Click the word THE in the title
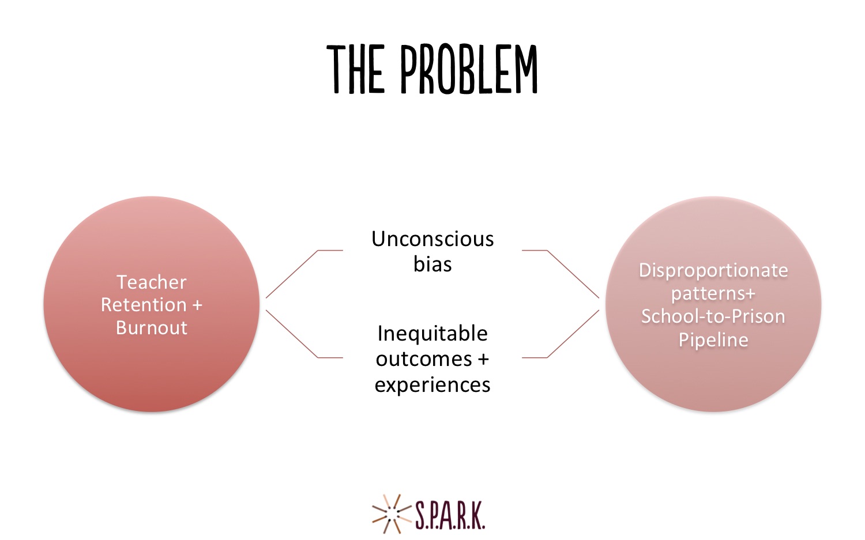pos(356,70)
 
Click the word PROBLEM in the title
pos(469,69)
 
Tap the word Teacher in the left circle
pos(151,282)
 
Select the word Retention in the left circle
pos(144,305)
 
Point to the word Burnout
pos(151,328)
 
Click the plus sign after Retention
pos(197,305)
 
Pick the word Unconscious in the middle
pos(432,239)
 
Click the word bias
pos(432,265)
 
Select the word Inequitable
pos(432,333)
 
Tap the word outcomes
pos(424,360)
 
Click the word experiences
pos(432,385)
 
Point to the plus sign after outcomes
pos(483,360)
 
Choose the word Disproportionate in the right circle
pos(713,270)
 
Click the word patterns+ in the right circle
pos(713,294)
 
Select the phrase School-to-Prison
pos(713,316)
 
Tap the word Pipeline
pos(713,340)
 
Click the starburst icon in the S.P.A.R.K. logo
pos(391,514)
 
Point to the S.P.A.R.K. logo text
pos(450,515)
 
